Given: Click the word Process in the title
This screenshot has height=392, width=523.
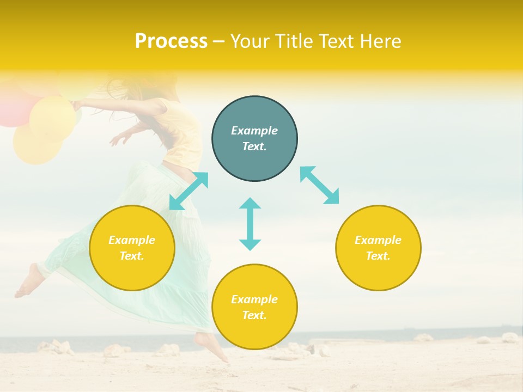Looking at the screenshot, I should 171,41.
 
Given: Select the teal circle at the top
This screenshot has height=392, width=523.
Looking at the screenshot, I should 254,139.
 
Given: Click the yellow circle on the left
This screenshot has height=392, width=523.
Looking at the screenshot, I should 132,248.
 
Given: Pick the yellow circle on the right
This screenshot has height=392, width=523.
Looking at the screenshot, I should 378,248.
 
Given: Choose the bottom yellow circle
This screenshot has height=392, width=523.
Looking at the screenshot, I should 254,307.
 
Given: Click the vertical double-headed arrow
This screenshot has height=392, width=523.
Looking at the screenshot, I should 250,224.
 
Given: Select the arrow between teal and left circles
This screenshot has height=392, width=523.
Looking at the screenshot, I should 188,191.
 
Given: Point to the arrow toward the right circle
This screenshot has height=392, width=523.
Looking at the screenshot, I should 320,185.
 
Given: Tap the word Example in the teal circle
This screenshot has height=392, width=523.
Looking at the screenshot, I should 254,131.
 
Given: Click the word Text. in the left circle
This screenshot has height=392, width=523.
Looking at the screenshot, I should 132,256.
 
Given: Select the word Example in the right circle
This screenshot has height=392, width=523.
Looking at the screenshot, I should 378,240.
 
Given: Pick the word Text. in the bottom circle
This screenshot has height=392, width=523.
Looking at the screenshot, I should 254,315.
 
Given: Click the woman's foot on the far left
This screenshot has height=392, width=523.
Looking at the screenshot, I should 29,281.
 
